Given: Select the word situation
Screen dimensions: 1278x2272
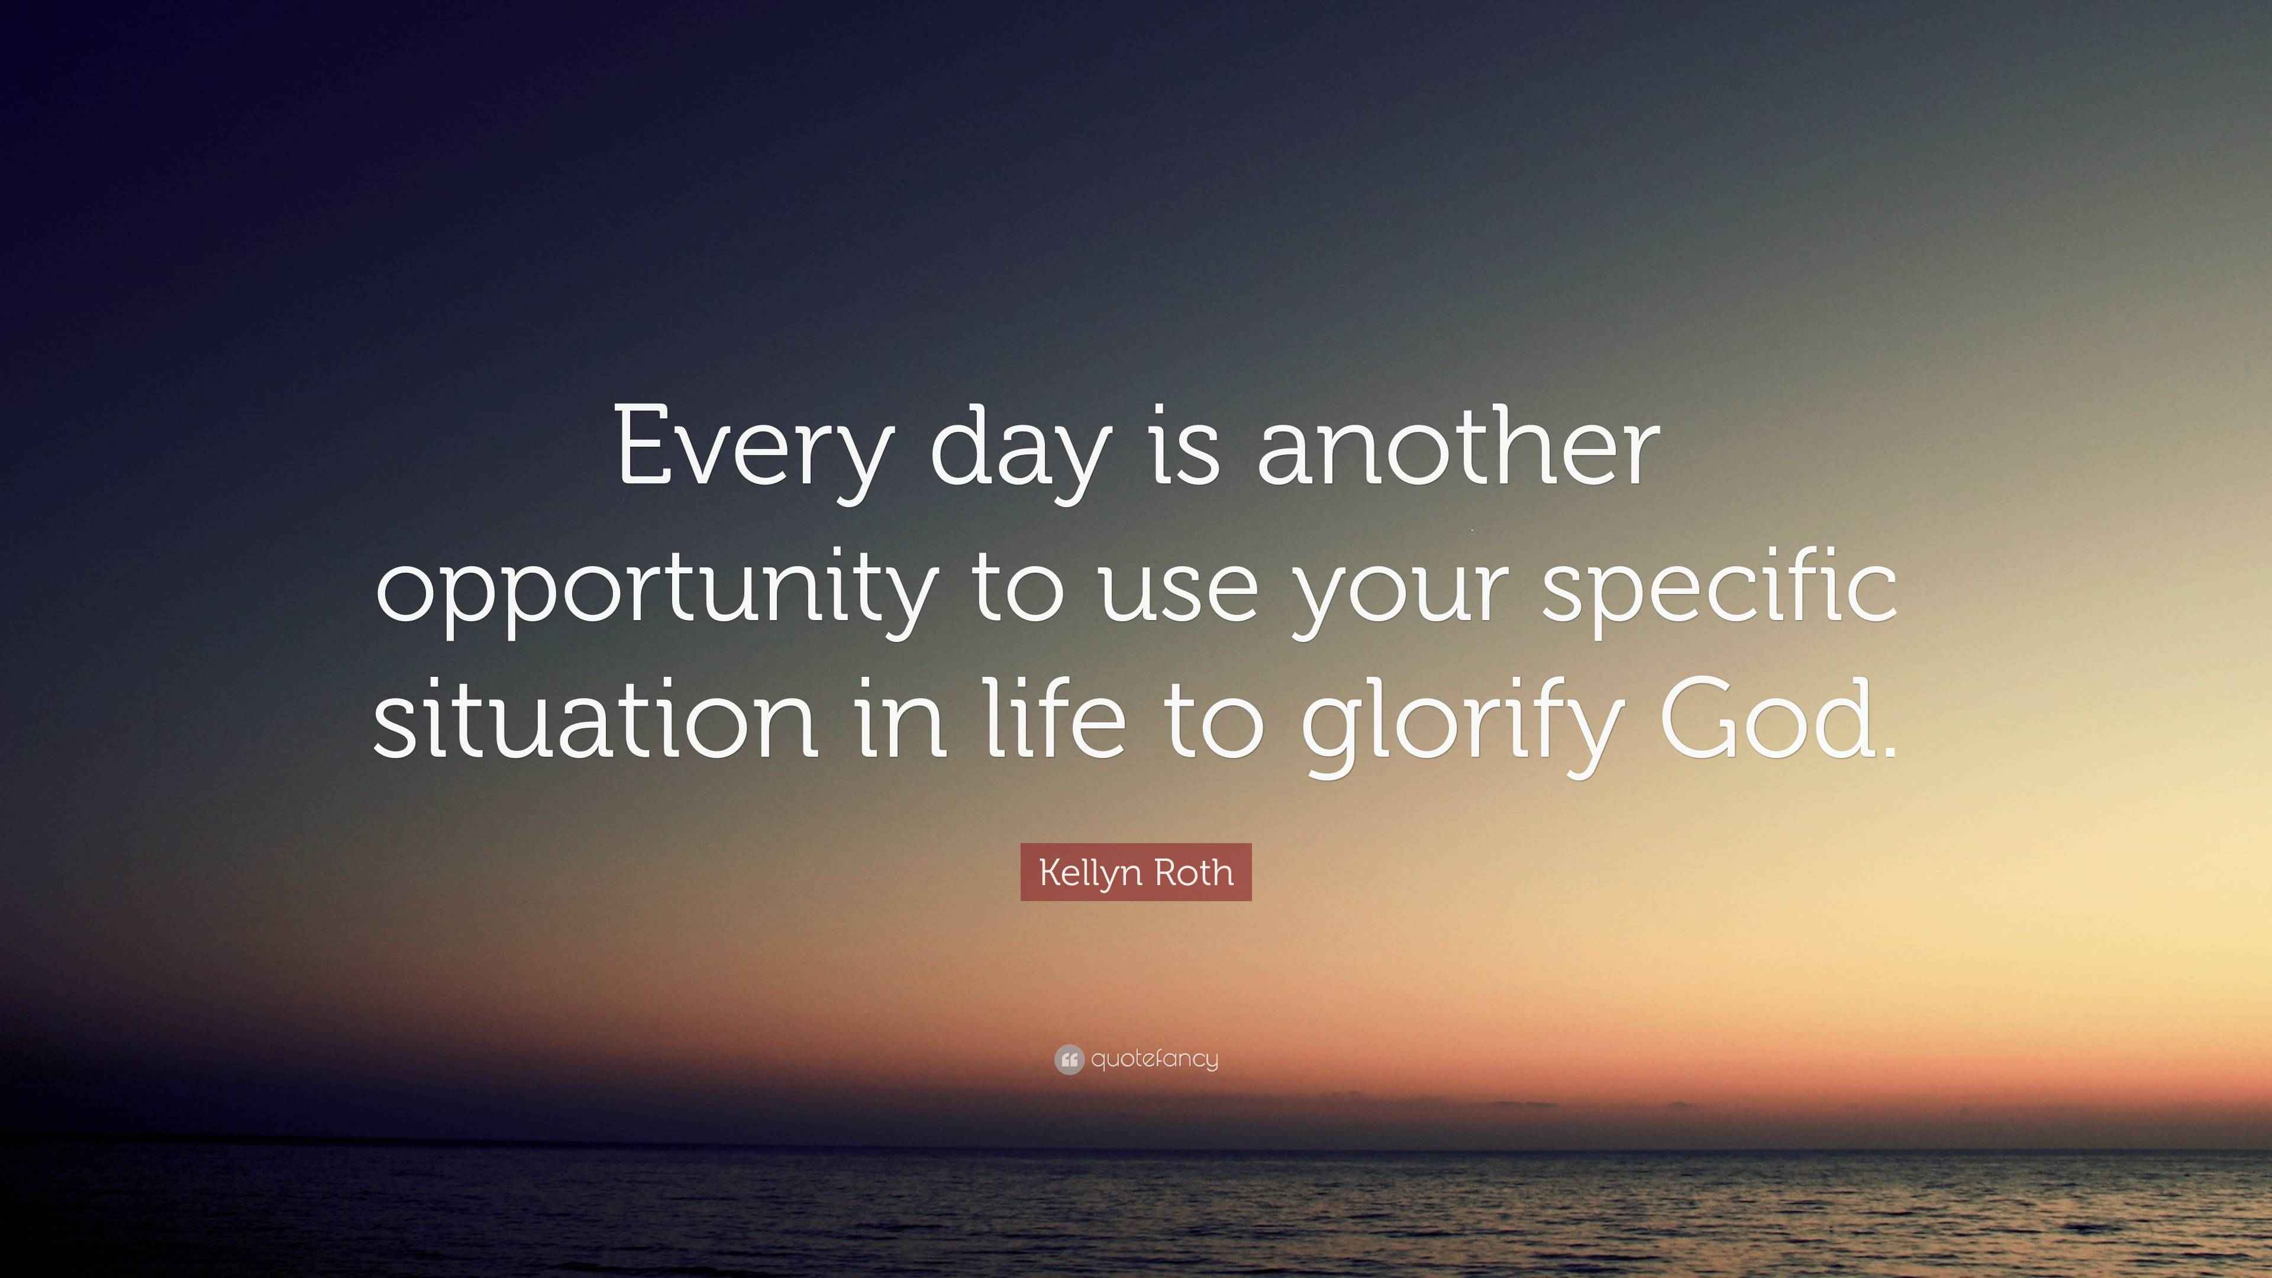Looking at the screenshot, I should (x=595, y=719).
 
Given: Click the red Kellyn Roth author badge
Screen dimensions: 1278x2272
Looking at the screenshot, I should (x=1136, y=872).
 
